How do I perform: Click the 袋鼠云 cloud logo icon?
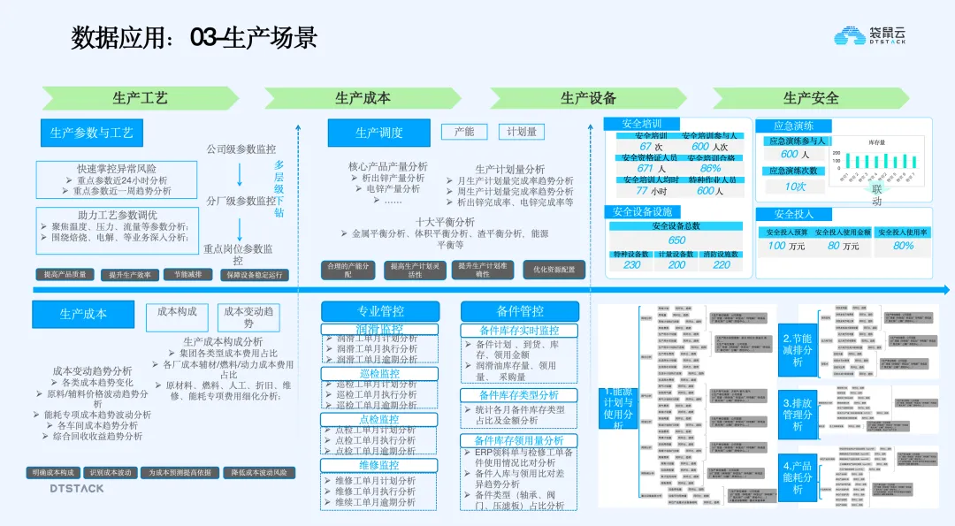tap(852, 35)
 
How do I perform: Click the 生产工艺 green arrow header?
tap(140, 98)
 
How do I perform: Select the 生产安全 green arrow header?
tap(810, 98)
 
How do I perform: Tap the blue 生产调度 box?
tap(378, 133)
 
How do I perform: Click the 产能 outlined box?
tap(464, 132)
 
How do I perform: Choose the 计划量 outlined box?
tap(521, 132)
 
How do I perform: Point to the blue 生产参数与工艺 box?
tap(92, 133)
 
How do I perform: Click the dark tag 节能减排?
tap(187, 275)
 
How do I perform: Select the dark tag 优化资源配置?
tap(554, 270)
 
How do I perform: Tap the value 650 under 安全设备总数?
tap(676, 240)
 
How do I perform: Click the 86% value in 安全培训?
tap(710, 168)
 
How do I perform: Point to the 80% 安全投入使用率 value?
tap(903, 245)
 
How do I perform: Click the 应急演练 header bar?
tap(794, 126)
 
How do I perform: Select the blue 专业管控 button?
tap(380, 311)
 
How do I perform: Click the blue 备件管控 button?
tap(520, 311)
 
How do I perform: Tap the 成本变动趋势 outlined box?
tap(248, 316)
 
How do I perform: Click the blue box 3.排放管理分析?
tap(797, 414)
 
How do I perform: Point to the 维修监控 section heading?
tap(379, 465)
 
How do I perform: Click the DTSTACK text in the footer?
tap(76, 488)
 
